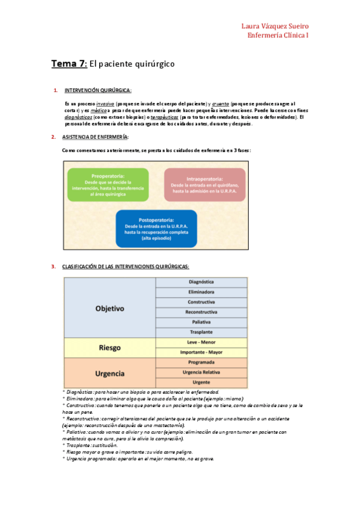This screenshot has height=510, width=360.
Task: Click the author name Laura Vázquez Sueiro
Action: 275,26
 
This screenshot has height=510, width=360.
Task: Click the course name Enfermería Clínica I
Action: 278,35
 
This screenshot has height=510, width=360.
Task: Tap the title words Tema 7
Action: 69,64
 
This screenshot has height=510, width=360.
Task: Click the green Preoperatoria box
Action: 108,185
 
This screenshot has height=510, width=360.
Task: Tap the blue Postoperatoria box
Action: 156,229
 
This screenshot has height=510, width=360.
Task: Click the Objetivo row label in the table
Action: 109,309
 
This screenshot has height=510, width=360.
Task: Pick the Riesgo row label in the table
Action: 109,348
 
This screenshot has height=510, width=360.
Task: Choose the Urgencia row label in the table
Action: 109,373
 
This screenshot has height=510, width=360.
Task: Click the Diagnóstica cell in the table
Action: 201,282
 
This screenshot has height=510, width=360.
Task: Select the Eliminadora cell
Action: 201,292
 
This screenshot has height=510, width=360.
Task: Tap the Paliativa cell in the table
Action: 201,322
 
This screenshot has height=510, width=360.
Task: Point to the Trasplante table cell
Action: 201,333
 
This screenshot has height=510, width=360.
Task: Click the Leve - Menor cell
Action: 201,342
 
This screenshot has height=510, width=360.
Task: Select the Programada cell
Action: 201,363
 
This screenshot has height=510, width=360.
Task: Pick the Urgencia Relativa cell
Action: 201,373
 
